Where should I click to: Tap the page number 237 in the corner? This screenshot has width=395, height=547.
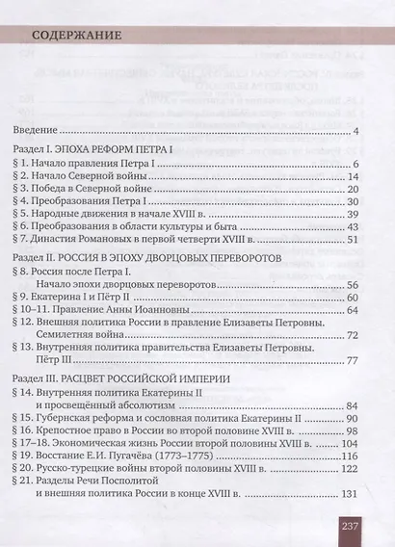coord(349,526)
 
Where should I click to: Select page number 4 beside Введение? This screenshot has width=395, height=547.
coord(355,132)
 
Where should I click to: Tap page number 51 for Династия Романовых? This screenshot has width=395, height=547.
coord(352,266)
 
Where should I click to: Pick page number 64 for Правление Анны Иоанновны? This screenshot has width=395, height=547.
coord(352,334)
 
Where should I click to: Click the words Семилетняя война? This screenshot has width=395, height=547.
coord(88,363)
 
